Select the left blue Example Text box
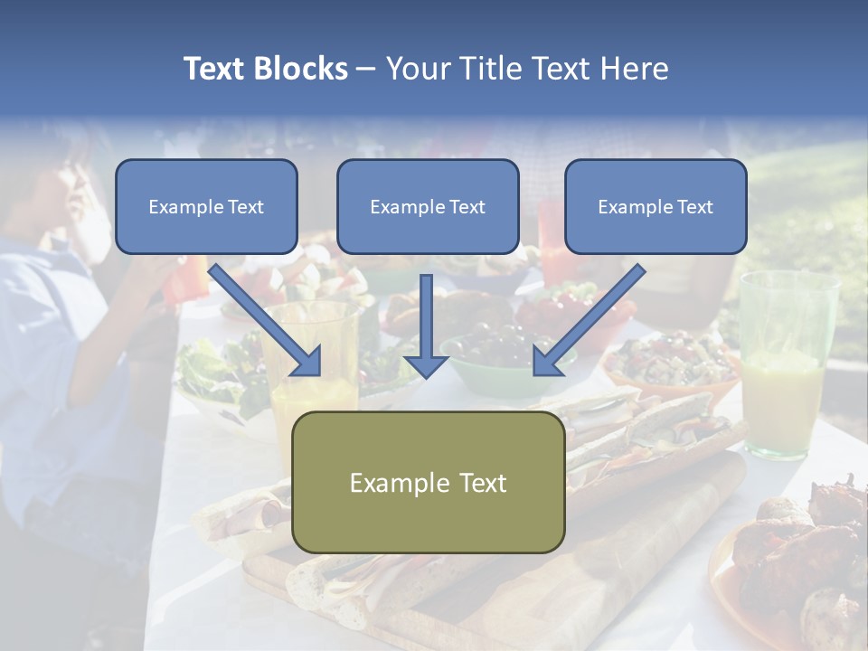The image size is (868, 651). click(x=206, y=206)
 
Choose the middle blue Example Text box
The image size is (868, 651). click(x=428, y=206)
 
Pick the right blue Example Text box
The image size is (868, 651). click(x=656, y=206)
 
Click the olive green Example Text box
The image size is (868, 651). click(x=428, y=482)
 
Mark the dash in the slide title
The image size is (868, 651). click(x=367, y=69)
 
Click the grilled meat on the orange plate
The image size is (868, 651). click(x=796, y=561)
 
